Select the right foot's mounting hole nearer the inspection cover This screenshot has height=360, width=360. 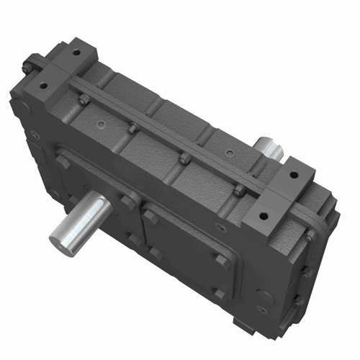tap(263, 214)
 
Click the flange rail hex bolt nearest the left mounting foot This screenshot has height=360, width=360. tap(84, 100)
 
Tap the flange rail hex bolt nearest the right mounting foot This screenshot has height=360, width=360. tap(239, 191)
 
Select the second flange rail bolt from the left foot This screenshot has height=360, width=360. tap(133, 128)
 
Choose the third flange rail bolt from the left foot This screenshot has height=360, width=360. tap(184, 158)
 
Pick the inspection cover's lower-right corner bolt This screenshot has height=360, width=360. tap(220, 294)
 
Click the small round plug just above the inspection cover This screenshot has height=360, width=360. tap(220, 228)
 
